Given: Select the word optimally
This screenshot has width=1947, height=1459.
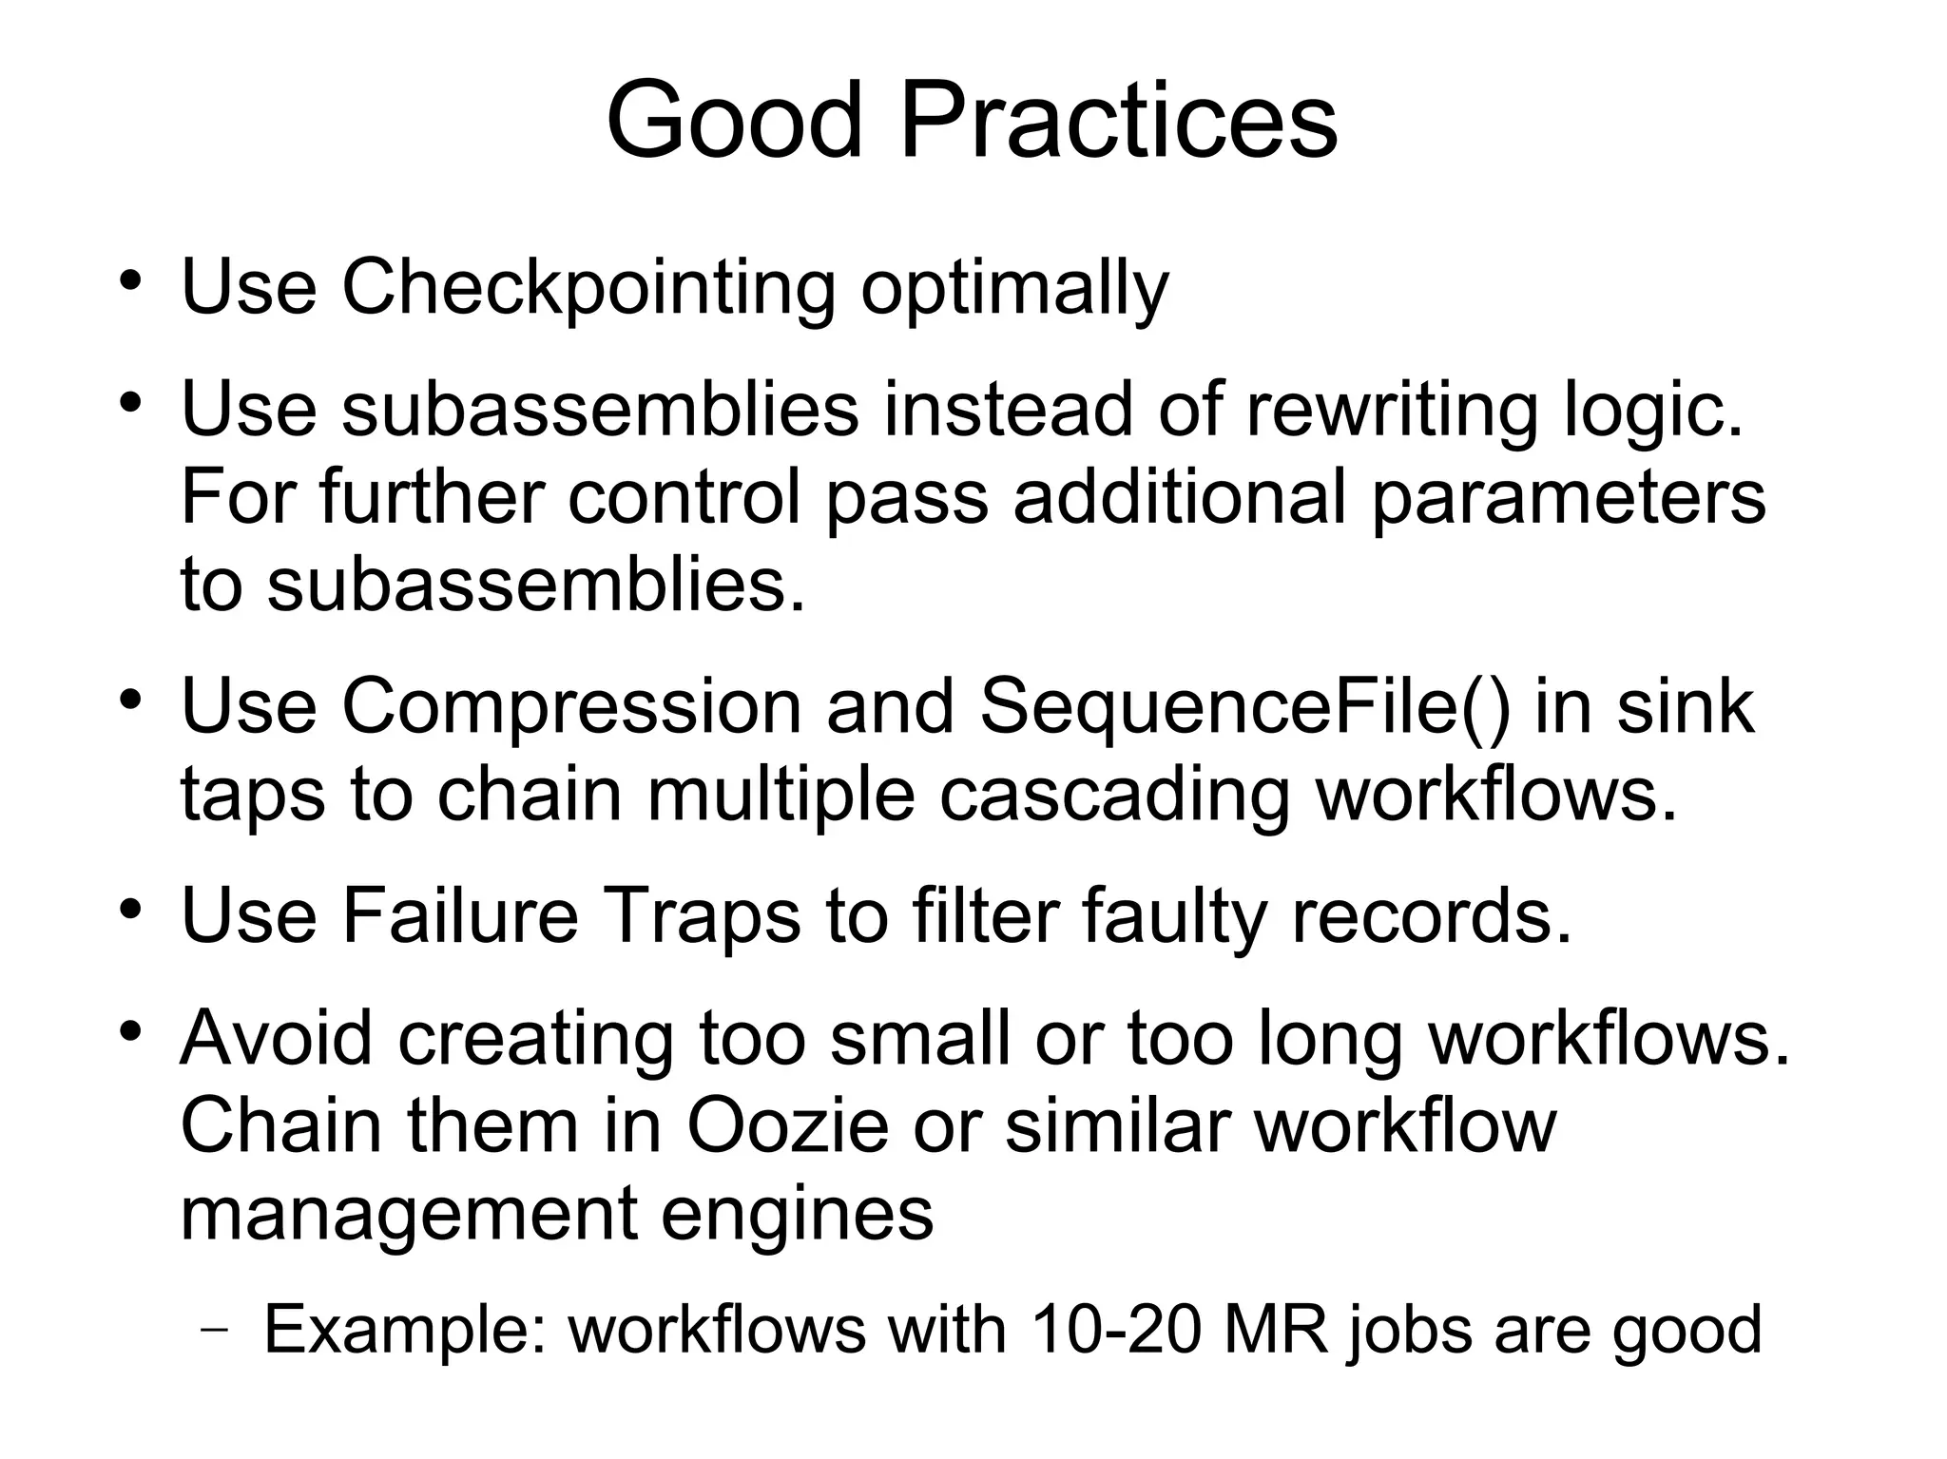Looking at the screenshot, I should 1014,289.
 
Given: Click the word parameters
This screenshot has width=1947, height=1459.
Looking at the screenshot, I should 1568,498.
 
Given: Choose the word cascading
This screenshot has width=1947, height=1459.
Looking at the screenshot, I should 1113,795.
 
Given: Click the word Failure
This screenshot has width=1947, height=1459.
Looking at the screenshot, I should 460,915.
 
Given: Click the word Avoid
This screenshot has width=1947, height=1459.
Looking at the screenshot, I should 276,1037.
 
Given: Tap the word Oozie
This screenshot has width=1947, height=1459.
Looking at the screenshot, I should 787,1125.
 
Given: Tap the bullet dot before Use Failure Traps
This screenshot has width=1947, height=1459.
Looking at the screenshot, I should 130,910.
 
